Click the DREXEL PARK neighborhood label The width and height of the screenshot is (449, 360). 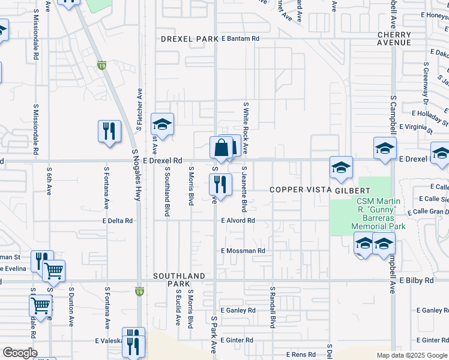click(x=189, y=39)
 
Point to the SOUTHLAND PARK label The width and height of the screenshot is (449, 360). click(x=179, y=280)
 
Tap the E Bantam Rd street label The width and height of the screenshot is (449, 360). click(x=240, y=38)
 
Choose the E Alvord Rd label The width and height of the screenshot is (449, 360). click(x=238, y=221)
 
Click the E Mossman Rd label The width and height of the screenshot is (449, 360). click(x=243, y=251)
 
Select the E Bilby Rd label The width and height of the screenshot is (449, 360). click(x=416, y=280)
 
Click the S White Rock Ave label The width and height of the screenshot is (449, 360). click(x=246, y=127)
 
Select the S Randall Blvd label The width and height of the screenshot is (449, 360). click(x=272, y=307)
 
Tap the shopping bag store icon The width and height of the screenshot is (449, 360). click(x=221, y=148)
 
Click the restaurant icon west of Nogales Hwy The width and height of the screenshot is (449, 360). click(x=109, y=131)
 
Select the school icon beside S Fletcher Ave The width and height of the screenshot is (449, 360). click(x=162, y=124)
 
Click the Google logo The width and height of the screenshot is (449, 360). click(x=19, y=353)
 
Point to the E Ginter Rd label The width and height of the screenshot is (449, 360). click(x=237, y=340)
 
